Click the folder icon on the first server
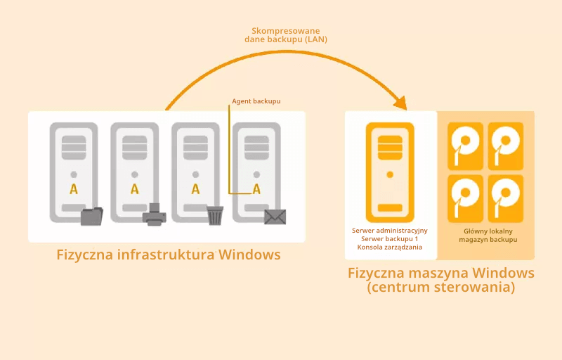click(91, 216)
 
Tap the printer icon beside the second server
click(155, 214)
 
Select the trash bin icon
click(216, 214)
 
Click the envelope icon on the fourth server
click(275, 217)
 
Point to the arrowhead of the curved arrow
click(401, 103)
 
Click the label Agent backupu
click(256, 101)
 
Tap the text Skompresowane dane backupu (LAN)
click(286, 35)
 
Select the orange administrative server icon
click(390, 172)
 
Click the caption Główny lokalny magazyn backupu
click(488, 235)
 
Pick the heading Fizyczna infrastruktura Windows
click(169, 255)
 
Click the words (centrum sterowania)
click(441, 288)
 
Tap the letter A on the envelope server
click(256, 188)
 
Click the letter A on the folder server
click(74, 188)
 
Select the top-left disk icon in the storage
click(466, 146)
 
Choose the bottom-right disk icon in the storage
click(506, 198)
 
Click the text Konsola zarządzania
click(390, 247)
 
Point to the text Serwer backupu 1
click(390, 239)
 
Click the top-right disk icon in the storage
click(506, 146)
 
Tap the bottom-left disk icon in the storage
click(466, 198)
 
